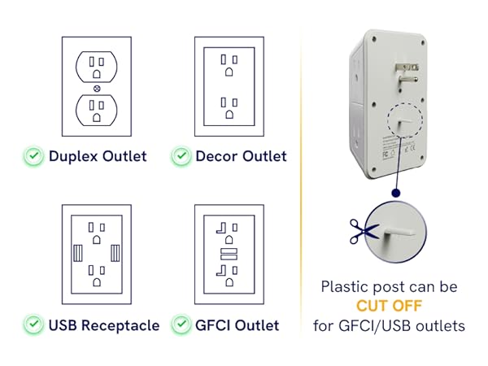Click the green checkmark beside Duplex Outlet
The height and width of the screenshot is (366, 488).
point(33,155)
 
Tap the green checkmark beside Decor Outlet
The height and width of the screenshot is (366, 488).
point(181,155)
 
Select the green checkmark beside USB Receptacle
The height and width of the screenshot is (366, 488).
point(33,325)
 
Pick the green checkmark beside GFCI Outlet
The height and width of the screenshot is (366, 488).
point(181,325)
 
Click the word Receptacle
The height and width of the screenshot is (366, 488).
point(120,325)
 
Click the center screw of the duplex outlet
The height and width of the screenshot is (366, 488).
point(97,89)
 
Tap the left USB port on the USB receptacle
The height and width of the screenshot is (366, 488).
point(78,252)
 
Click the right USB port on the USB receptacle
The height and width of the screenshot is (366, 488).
point(115,252)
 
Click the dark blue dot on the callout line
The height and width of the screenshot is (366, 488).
point(394,194)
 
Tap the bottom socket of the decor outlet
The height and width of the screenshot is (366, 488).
point(229,107)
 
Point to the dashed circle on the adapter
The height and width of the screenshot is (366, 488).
point(404,123)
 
